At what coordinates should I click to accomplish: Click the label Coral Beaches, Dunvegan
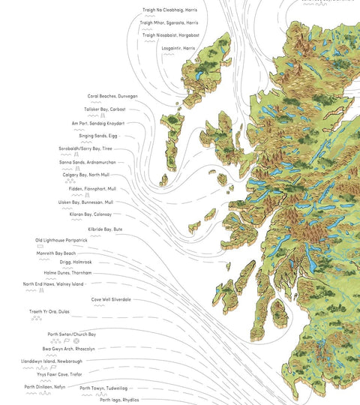[x=112, y=96]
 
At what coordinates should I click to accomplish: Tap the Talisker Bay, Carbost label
[x=109, y=109]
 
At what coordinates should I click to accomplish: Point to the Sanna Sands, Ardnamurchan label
[x=87, y=162]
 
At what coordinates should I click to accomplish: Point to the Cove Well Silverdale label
[x=111, y=299]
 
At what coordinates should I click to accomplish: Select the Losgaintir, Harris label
[x=178, y=47]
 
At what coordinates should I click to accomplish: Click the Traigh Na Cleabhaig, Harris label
[x=169, y=10]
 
